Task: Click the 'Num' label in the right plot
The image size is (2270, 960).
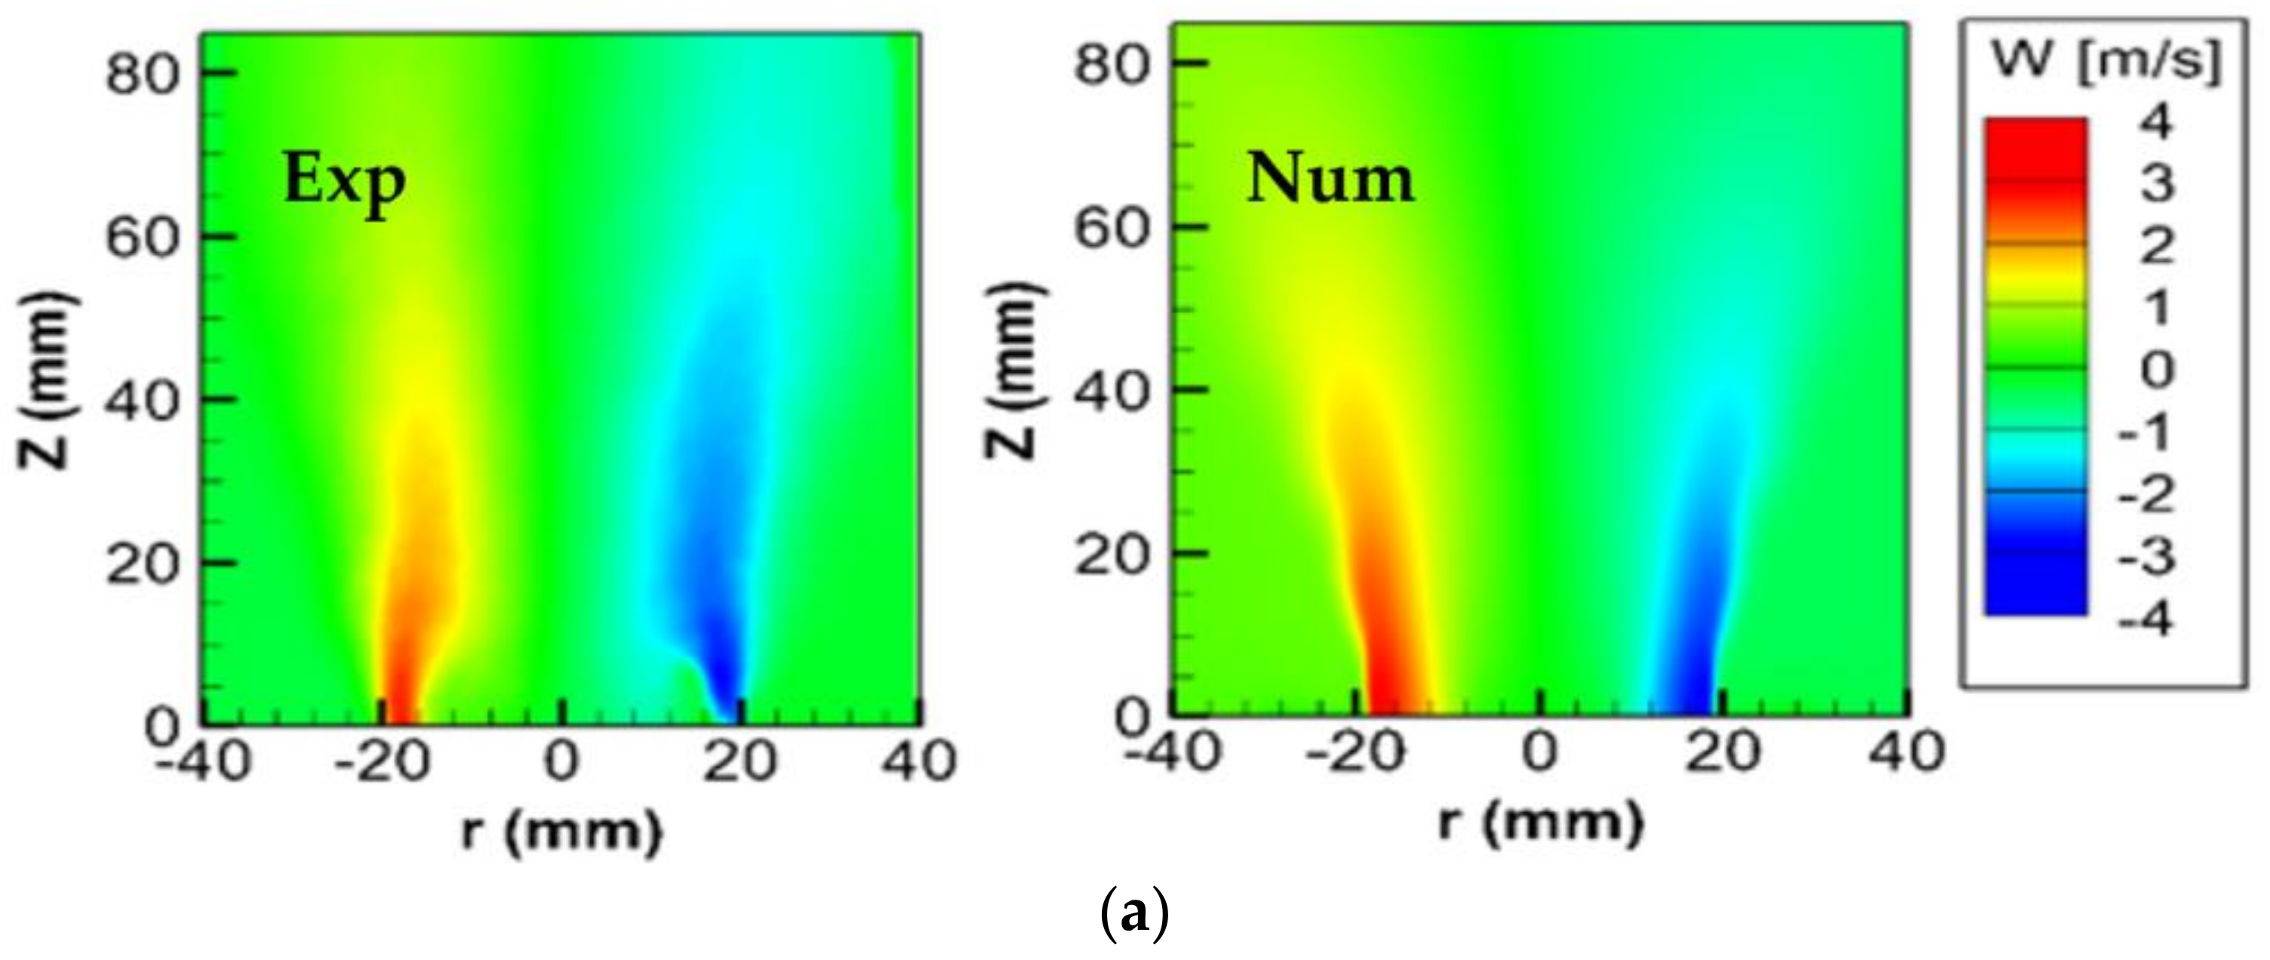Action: [x=1330, y=180]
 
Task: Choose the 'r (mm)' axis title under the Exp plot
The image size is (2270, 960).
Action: [x=561, y=830]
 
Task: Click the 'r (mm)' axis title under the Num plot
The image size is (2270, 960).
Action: [x=1540, y=823]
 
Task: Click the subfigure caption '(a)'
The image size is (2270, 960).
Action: [x=1135, y=917]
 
